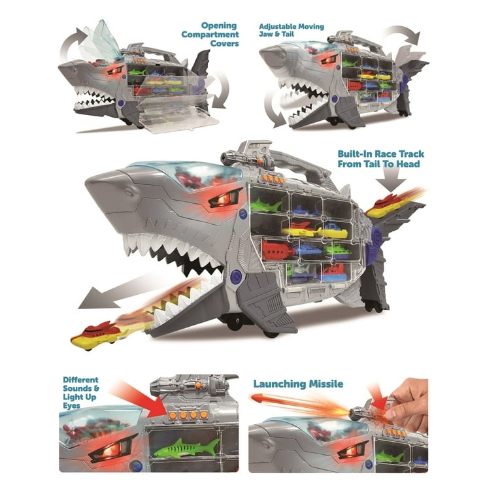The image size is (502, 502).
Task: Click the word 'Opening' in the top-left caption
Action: (219, 26)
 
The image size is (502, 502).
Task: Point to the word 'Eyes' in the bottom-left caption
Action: (71, 406)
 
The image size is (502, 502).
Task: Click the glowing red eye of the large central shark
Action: (224, 199)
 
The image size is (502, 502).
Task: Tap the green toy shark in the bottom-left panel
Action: (187, 448)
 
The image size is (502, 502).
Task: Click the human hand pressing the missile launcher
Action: (408, 403)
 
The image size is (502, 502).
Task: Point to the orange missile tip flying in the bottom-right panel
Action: (257, 399)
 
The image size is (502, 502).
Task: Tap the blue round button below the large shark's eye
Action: (235, 275)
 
